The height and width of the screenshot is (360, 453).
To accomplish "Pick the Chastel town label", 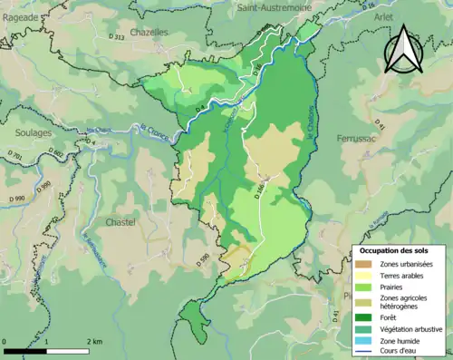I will coord(120,222).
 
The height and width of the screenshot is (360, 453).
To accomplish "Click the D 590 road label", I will coord(205,258).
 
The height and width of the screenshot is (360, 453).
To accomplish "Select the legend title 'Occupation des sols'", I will coord(396,250).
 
